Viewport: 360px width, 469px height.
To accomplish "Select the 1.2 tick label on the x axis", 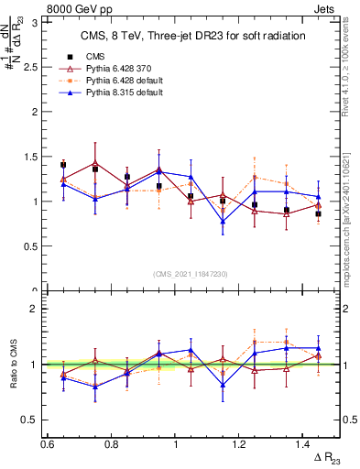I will click(240, 444).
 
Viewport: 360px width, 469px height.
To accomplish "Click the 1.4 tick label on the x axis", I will click(304, 444).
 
